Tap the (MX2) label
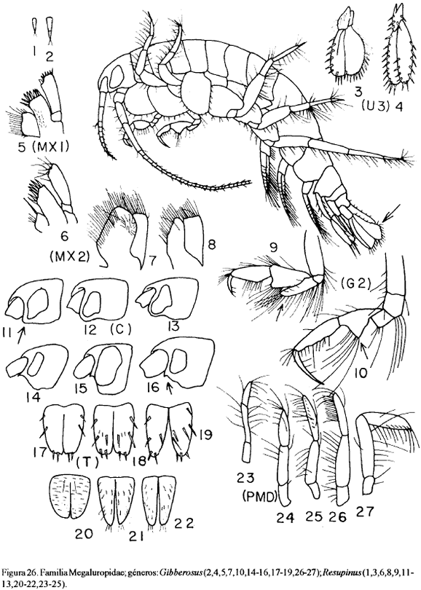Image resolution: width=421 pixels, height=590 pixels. pyautogui.click(x=69, y=256)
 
